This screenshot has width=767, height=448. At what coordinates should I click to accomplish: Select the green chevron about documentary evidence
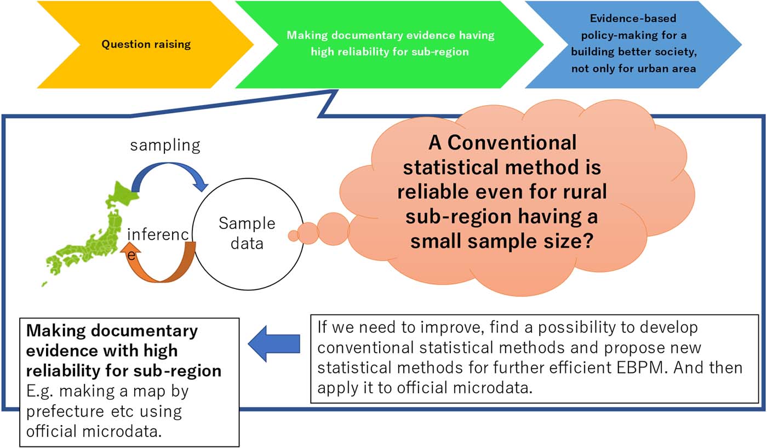(x=390, y=44)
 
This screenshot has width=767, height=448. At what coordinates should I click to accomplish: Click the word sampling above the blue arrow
(x=165, y=145)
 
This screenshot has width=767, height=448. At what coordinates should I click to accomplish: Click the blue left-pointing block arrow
(x=274, y=344)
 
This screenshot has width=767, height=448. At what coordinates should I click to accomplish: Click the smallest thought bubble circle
(x=293, y=235)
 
